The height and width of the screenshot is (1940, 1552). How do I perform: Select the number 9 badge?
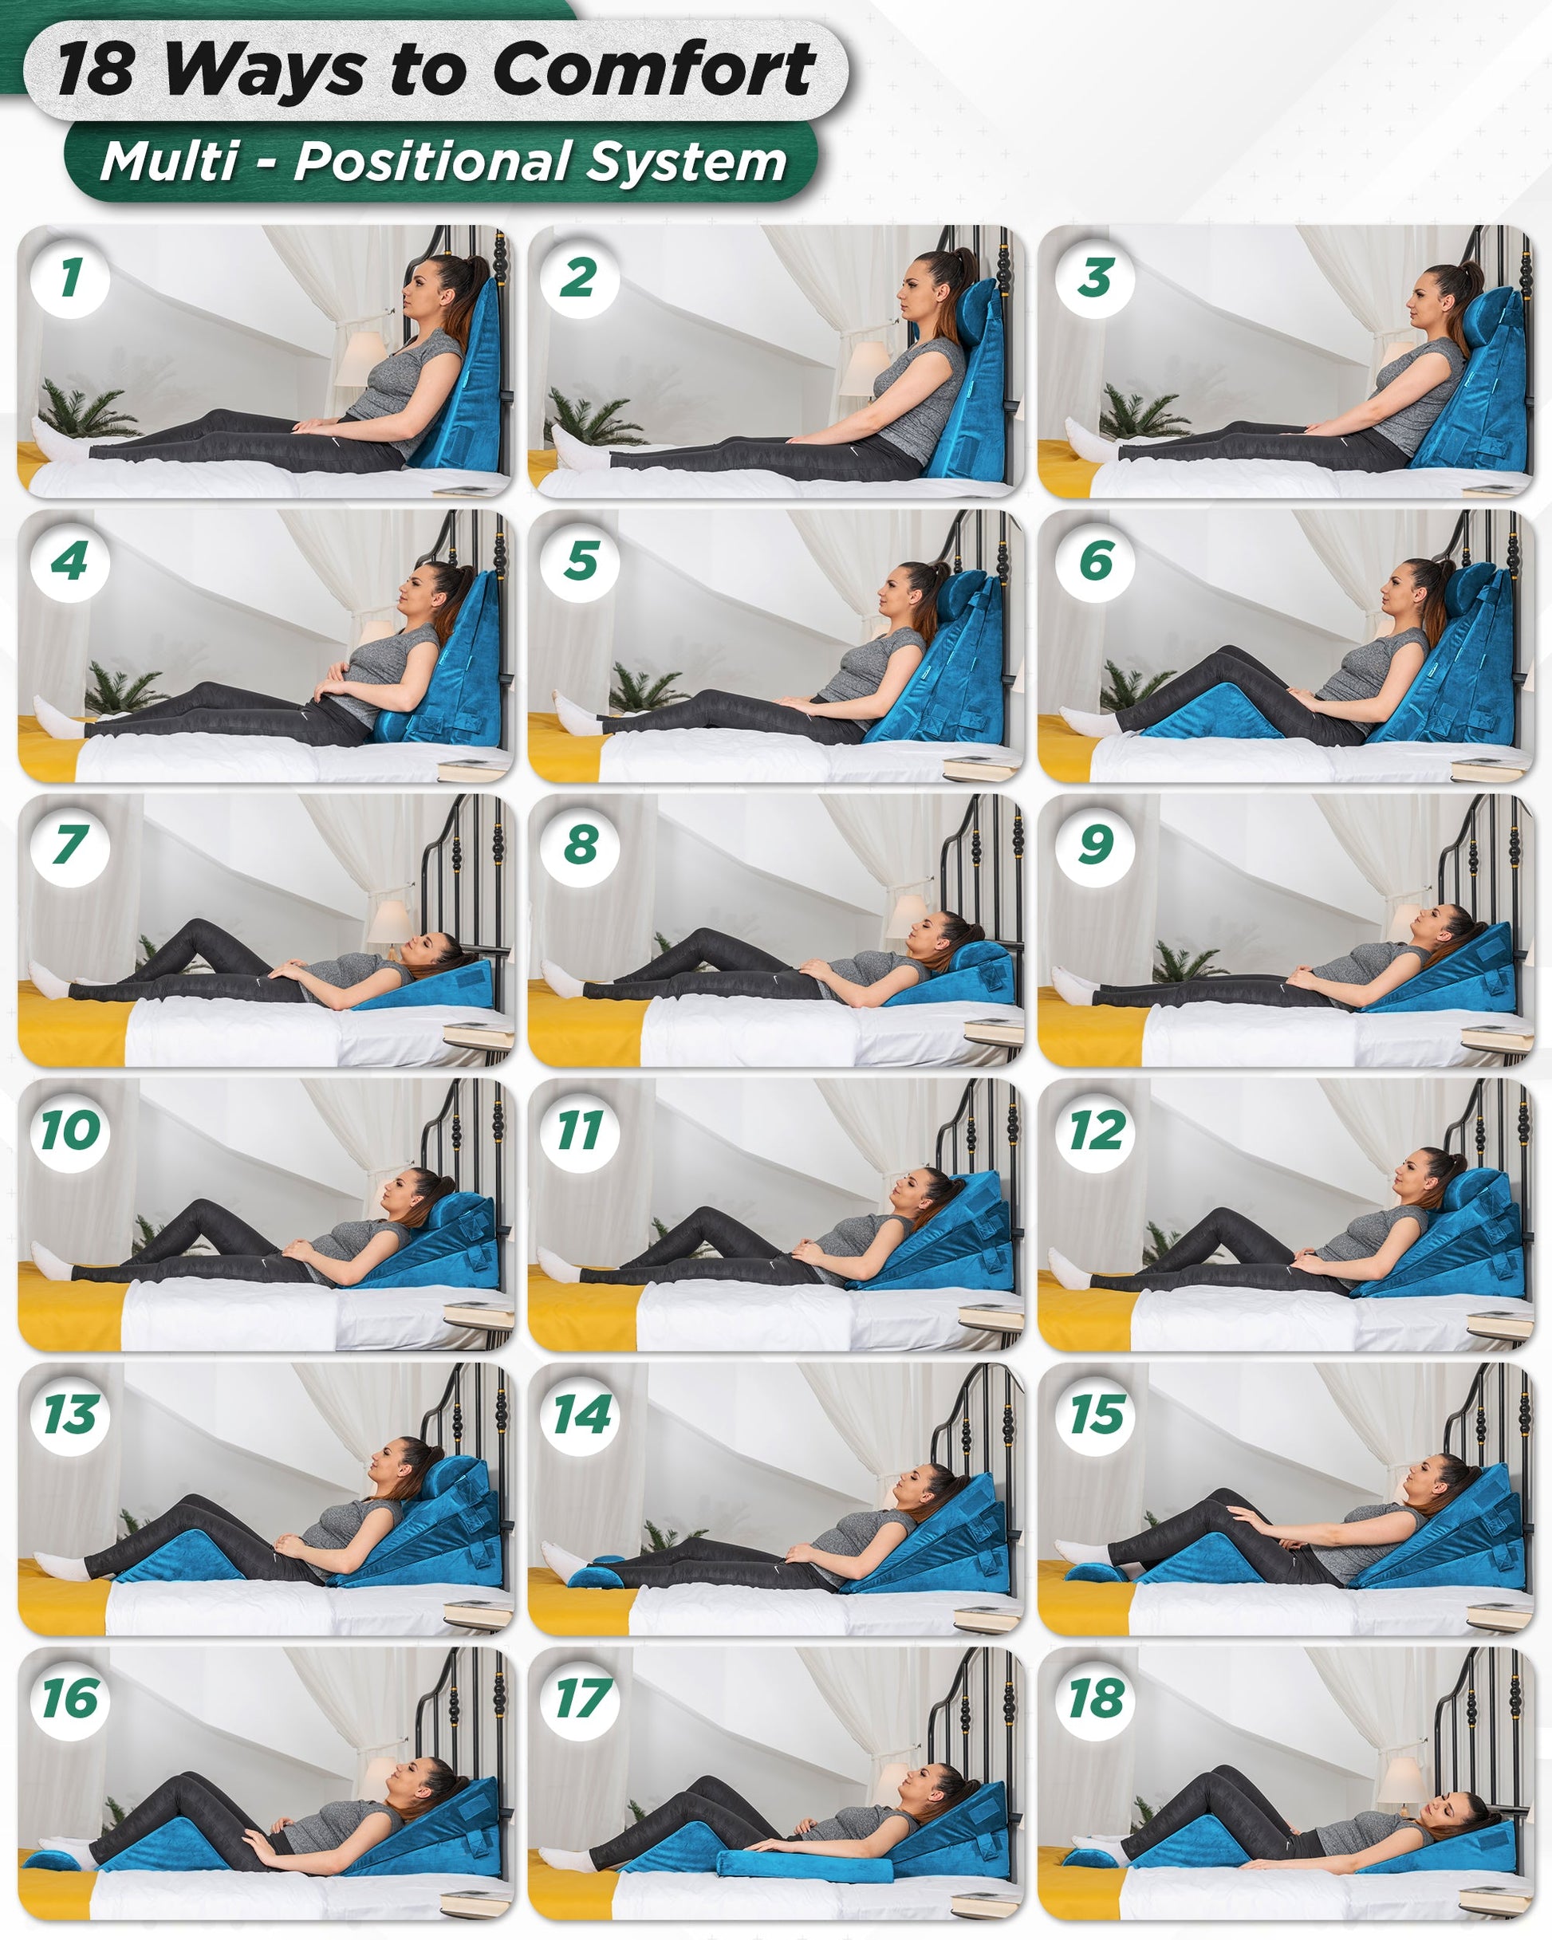[x=1096, y=845]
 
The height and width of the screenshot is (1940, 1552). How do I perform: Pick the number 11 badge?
[x=581, y=1130]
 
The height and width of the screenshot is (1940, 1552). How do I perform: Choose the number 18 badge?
[x=1097, y=1699]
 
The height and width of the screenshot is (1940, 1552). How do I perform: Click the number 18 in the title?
[x=96, y=70]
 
